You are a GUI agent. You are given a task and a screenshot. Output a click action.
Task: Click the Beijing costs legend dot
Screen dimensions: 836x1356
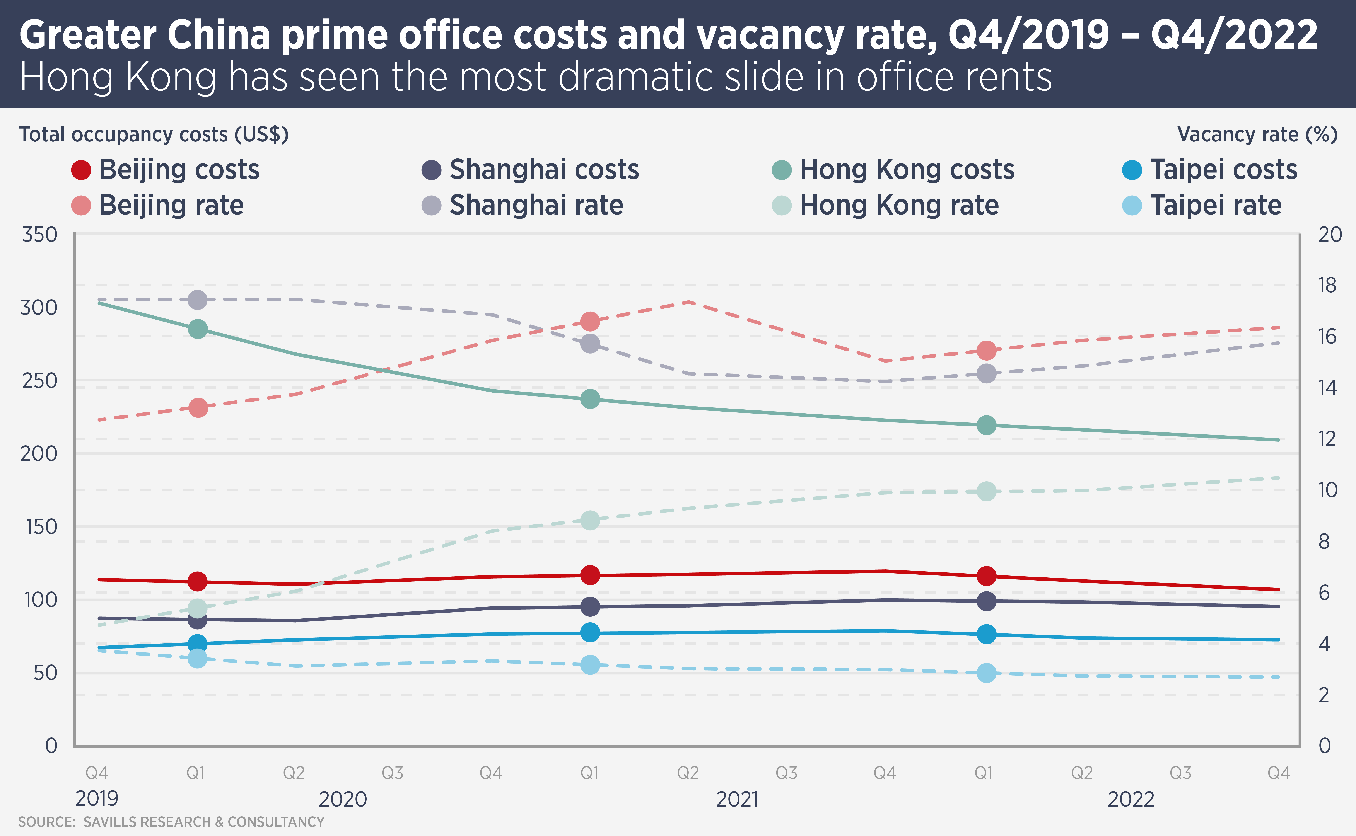81,170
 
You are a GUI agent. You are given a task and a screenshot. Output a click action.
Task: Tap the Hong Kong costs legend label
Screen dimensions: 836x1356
907,170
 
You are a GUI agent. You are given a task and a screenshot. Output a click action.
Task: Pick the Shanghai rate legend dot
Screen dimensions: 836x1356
431,205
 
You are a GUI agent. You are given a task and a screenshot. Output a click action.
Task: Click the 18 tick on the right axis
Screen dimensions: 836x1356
1327,285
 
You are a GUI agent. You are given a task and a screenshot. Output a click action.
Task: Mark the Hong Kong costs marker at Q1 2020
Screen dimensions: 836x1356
197,329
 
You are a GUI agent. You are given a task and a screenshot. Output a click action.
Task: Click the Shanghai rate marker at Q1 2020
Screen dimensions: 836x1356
197,300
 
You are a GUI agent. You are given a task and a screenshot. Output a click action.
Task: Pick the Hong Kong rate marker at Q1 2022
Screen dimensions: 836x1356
986,491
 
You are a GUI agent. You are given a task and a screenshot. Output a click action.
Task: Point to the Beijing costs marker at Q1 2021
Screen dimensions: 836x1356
590,575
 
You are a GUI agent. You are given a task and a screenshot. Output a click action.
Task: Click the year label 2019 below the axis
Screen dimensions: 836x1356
97,799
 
